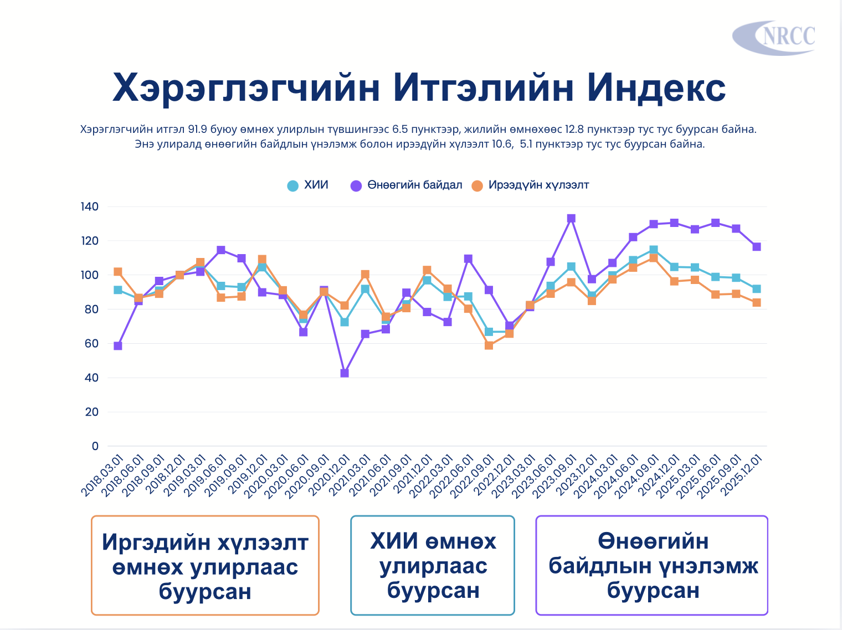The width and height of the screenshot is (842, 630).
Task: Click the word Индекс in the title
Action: coord(656,87)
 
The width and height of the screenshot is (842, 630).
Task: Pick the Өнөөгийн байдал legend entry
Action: coord(407,185)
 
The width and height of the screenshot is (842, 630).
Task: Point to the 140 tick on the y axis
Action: coord(90,207)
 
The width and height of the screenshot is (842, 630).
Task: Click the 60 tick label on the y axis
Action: coord(92,344)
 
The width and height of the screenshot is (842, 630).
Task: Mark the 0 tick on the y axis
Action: coord(95,446)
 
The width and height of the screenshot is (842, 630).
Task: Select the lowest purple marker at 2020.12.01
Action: coord(345,373)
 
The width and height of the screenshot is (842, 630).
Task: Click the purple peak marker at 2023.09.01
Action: coord(571,219)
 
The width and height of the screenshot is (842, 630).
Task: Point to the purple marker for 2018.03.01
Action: coord(118,346)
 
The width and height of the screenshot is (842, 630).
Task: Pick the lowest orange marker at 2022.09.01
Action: coord(489,345)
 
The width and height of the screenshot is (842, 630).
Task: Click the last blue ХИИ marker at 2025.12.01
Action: coord(757,289)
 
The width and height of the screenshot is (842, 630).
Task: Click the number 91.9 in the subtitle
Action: coord(198,130)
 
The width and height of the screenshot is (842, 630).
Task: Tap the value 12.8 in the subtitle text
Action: coord(574,130)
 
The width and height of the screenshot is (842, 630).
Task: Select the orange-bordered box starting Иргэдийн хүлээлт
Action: coord(205,565)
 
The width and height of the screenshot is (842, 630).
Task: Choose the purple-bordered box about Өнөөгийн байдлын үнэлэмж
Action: coord(652,565)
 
